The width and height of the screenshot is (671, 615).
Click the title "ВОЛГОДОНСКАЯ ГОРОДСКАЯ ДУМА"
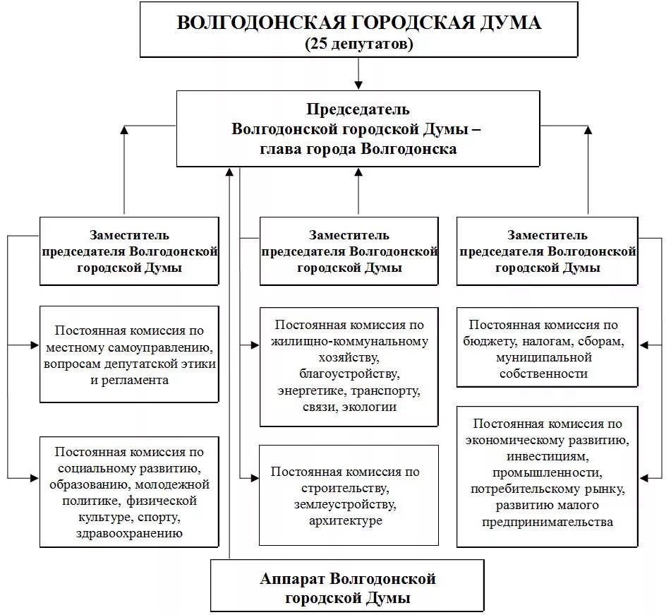point(358,23)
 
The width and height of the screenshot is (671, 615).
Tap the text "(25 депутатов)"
point(358,44)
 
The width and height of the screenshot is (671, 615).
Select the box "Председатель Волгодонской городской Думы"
point(358,129)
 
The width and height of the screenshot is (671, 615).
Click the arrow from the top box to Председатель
point(358,73)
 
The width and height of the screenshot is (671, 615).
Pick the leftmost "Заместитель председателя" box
point(129,251)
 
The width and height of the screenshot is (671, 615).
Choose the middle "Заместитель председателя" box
point(349,251)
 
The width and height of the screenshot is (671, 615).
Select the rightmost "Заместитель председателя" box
point(547,251)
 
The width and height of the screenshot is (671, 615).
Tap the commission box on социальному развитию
point(129,492)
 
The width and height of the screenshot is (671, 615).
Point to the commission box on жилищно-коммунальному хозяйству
point(349,366)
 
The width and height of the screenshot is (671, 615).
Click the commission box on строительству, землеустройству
point(349,496)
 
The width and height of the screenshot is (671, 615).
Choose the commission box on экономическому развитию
point(547,476)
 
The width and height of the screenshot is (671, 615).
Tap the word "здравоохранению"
point(129,533)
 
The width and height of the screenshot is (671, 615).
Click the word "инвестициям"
point(547,457)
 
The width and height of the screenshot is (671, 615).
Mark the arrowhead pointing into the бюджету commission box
point(645,345)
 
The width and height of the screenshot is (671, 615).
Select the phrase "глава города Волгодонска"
point(358,149)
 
